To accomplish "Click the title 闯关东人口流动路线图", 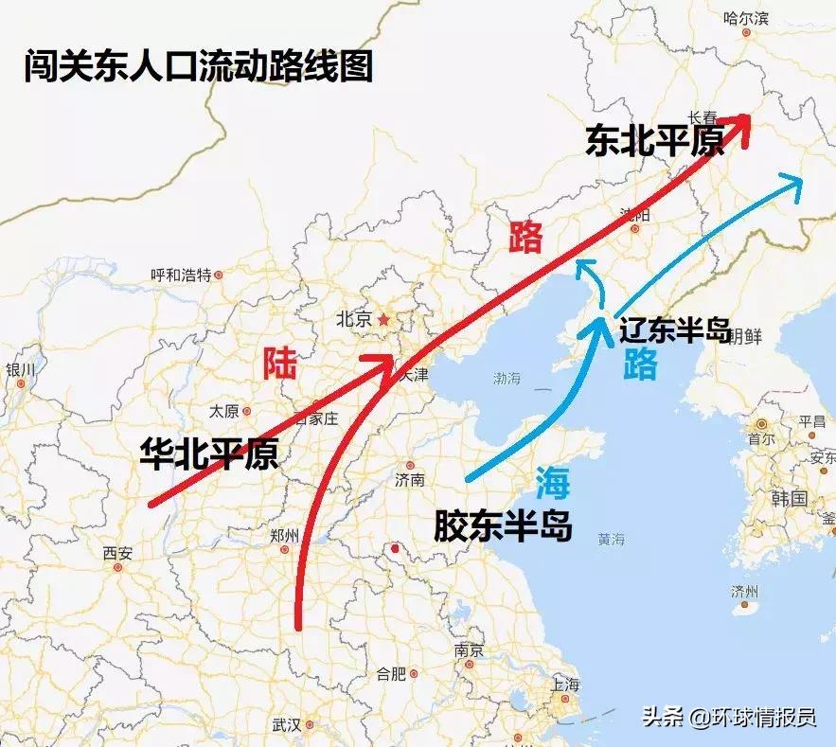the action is coord(198,68).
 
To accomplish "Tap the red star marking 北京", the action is coord(382,320).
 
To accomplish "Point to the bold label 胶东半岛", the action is coord(503,525).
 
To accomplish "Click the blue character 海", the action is coord(553,484).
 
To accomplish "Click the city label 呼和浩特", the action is coord(181,276).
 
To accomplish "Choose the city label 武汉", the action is coord(286,725).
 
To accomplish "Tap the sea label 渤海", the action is coord(507,379).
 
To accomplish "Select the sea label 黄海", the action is coord(611,540).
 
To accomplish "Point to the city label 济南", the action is coord(410,479).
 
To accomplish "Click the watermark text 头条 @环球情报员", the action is coord(728,717).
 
